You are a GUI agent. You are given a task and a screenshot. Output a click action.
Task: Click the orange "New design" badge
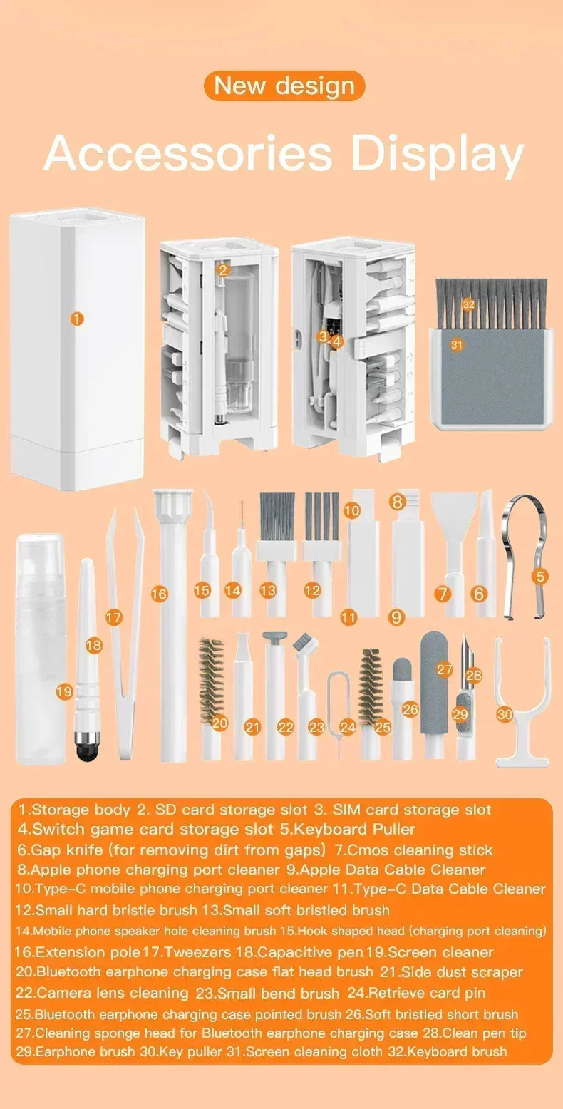coord(284,86)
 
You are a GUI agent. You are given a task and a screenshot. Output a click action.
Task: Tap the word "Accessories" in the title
coord(188,153)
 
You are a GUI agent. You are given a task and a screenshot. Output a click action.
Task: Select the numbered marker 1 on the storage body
coord(77,319)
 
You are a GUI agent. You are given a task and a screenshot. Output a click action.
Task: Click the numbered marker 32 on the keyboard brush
coord(468,304)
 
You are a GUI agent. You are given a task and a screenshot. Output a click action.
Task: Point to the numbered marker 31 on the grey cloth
coord(457,344)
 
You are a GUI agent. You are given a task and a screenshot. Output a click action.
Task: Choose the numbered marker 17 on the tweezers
coord(114,618)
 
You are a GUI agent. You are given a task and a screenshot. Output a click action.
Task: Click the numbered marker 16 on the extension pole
coord(160,593)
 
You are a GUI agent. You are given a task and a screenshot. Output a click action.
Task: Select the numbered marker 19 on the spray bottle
coord(64,691)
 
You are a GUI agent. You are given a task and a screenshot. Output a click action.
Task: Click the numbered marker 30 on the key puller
coord(505,713)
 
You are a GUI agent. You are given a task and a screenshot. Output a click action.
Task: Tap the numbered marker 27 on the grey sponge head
coord(445,669)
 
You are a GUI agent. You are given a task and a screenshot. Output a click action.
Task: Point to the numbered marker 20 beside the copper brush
coord(220,723)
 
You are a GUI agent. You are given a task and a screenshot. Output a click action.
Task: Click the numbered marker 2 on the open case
coord(223,269)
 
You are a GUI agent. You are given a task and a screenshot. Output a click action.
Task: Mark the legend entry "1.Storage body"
coord(74,810)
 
